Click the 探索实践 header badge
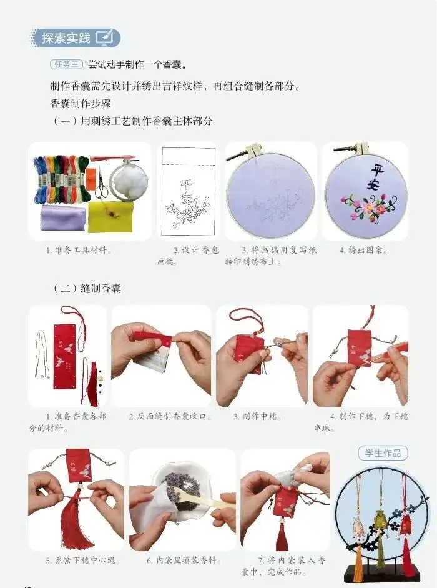pos(75,38)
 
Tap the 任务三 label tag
pos(66,64)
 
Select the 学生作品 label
pos(382,453)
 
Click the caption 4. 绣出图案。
pos(363,250)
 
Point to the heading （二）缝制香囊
pos(87,288)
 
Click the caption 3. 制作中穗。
pos(257,416)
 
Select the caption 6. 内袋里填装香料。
pos(184,561)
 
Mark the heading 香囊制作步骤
pos(81,103)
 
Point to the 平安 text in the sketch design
pos(186,191)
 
